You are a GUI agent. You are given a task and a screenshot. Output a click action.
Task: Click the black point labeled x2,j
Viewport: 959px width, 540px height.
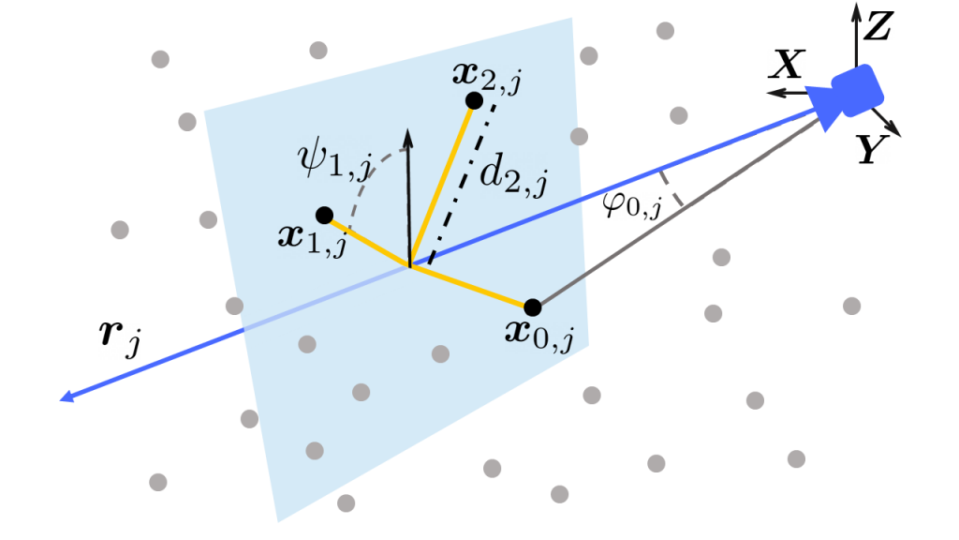pos(474,100)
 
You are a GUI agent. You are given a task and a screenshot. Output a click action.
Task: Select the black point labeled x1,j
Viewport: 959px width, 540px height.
pos(324,216)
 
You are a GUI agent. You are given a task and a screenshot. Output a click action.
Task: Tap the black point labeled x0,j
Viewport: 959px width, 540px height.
pos(533,307)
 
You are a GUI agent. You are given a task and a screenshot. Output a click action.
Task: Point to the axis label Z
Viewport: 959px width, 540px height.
pos(878,26)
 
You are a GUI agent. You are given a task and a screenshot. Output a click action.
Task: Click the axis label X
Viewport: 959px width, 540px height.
pos(787,65)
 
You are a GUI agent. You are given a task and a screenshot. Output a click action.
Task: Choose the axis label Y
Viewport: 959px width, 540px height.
pos(871,149)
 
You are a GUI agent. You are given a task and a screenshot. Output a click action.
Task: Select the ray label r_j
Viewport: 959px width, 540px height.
pos(120,337)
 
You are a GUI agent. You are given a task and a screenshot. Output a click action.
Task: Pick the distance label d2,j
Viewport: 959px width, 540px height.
pos(512,174)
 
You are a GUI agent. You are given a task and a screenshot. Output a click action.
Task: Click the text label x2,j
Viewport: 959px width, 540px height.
pos(487,77)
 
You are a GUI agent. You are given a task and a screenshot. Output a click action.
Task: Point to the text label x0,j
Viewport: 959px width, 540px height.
pos(539,335)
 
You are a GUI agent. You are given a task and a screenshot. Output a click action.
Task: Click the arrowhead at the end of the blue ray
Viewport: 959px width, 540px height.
pos(66,397)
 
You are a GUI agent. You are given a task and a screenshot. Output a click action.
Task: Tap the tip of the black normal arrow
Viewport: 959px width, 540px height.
pos(408,129)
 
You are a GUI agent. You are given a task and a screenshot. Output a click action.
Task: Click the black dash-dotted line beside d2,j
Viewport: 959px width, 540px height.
pos(463,184)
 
